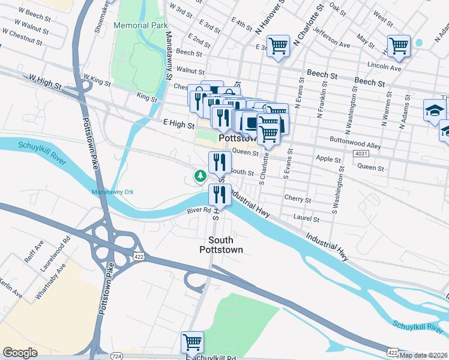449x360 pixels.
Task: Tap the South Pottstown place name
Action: click(x=221, y=244)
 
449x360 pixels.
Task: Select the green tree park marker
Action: click(x=199, y=176)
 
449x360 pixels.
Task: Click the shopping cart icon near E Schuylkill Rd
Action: click(x=192, y=342)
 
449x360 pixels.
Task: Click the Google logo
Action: click(x=20, y=353)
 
